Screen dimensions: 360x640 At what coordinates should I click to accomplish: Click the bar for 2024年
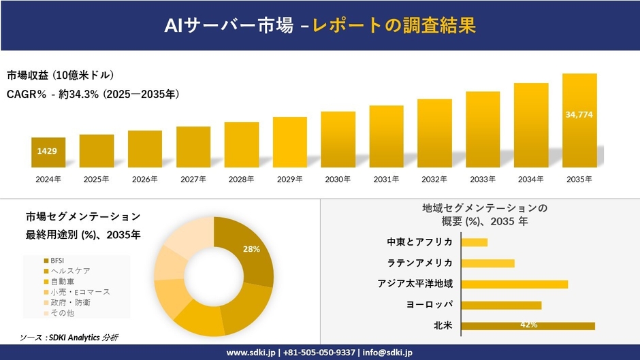pos(48,152)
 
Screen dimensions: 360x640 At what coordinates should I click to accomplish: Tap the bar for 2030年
pos(338,140)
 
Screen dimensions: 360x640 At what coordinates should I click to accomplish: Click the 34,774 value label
pos(579,114)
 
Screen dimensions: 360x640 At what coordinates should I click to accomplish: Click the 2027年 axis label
pos(193,179)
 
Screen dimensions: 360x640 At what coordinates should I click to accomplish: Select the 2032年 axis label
pos(434,179)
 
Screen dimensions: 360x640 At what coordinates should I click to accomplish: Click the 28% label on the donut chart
pos(251,249)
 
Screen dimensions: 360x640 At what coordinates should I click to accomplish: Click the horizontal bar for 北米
pos(528,326)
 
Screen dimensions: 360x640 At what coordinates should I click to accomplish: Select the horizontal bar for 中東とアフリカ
pos(475,242)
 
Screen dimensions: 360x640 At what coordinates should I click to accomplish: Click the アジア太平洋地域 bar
pos(514,284)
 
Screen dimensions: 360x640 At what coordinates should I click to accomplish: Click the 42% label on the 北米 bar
pos(528,325)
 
